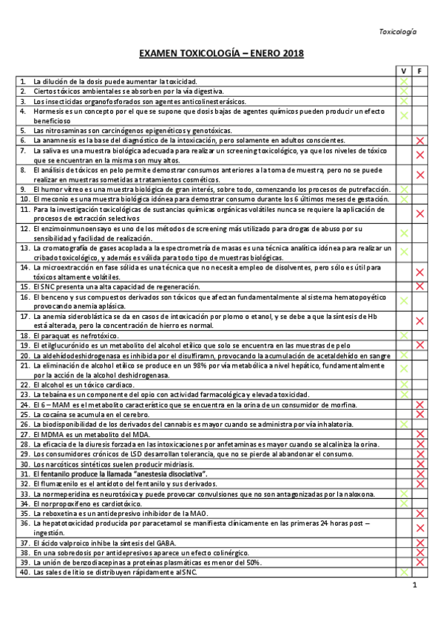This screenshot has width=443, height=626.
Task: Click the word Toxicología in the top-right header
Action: click(x=397, y=32)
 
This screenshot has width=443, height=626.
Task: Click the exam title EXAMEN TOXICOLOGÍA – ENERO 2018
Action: click(x=221, y=54)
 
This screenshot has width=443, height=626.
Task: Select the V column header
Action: click(x=404, y=70)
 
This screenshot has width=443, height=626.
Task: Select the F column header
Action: click(x=419, y=70)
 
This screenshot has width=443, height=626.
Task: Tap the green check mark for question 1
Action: click(x=404, y=80)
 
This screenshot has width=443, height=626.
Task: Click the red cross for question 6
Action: click(x=419, y=140)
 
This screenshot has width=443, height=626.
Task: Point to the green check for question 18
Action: click(x=404, y=335)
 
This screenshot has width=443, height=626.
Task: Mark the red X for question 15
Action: click(x=419, y=286)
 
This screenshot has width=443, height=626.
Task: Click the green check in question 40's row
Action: click(x=404, y=571)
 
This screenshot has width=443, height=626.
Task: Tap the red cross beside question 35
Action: click(x=419, y=513)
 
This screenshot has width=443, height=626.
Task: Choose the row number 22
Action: click(x=24, y=385)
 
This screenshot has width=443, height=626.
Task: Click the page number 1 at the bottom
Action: click(x=415, y=585)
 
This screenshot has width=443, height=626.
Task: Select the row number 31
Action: click(x=24, y=473)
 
